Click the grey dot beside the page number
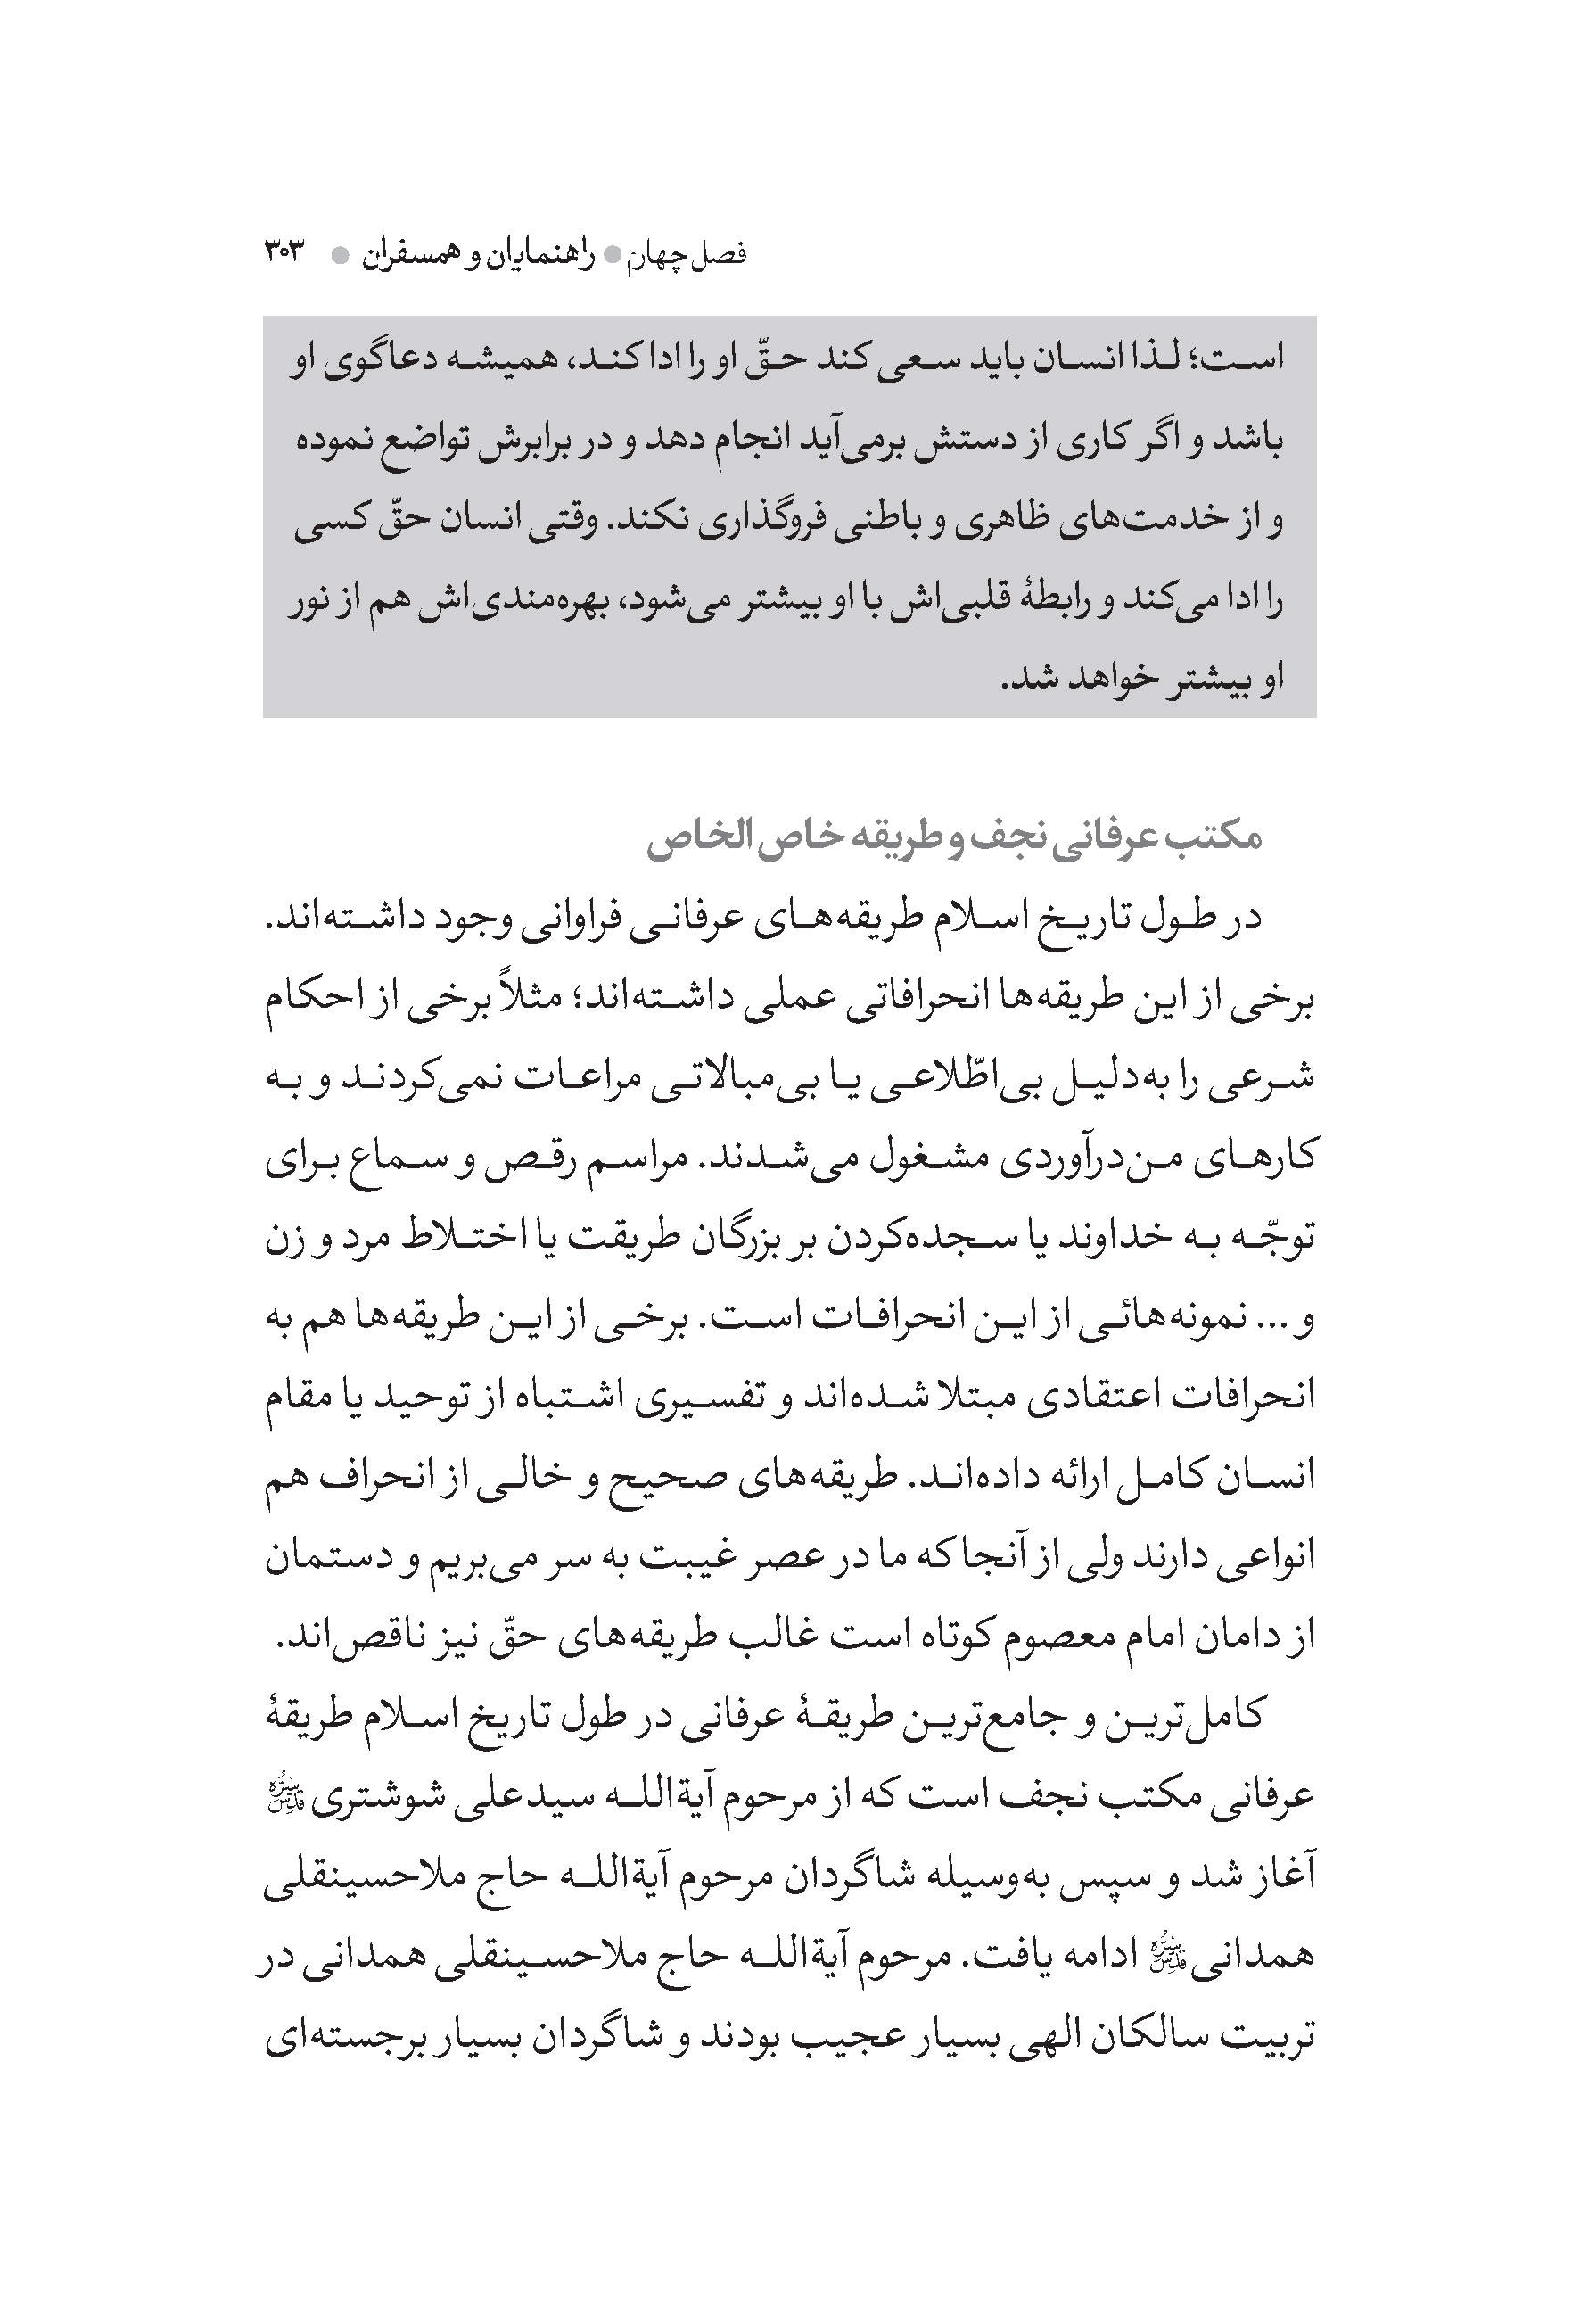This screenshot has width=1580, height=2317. (x=340, y=256)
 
